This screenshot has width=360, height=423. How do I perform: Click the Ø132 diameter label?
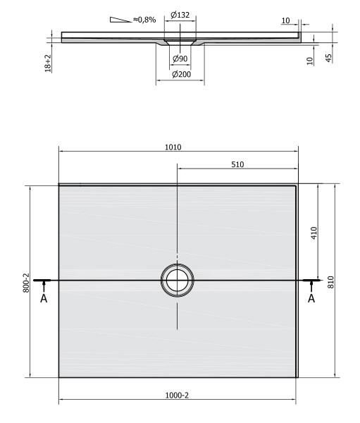click(x=180, y=15)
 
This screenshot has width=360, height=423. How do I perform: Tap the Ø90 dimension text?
click(x=180, y=59)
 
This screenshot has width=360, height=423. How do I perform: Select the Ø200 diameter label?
click(x=181, y=74)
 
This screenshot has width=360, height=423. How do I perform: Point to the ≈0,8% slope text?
click(x=144, y=20)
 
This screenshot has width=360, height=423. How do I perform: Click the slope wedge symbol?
click(x=120, y=20)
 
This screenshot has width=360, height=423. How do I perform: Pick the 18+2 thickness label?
click(x=48, y=63)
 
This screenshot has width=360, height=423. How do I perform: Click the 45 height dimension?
click(x=329, y=58)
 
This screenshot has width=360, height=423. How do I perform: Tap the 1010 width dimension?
click(x=173, y=147)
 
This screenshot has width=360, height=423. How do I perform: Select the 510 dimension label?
click(x=237, y=164)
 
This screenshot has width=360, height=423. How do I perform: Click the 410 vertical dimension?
click(x=314, y=233)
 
